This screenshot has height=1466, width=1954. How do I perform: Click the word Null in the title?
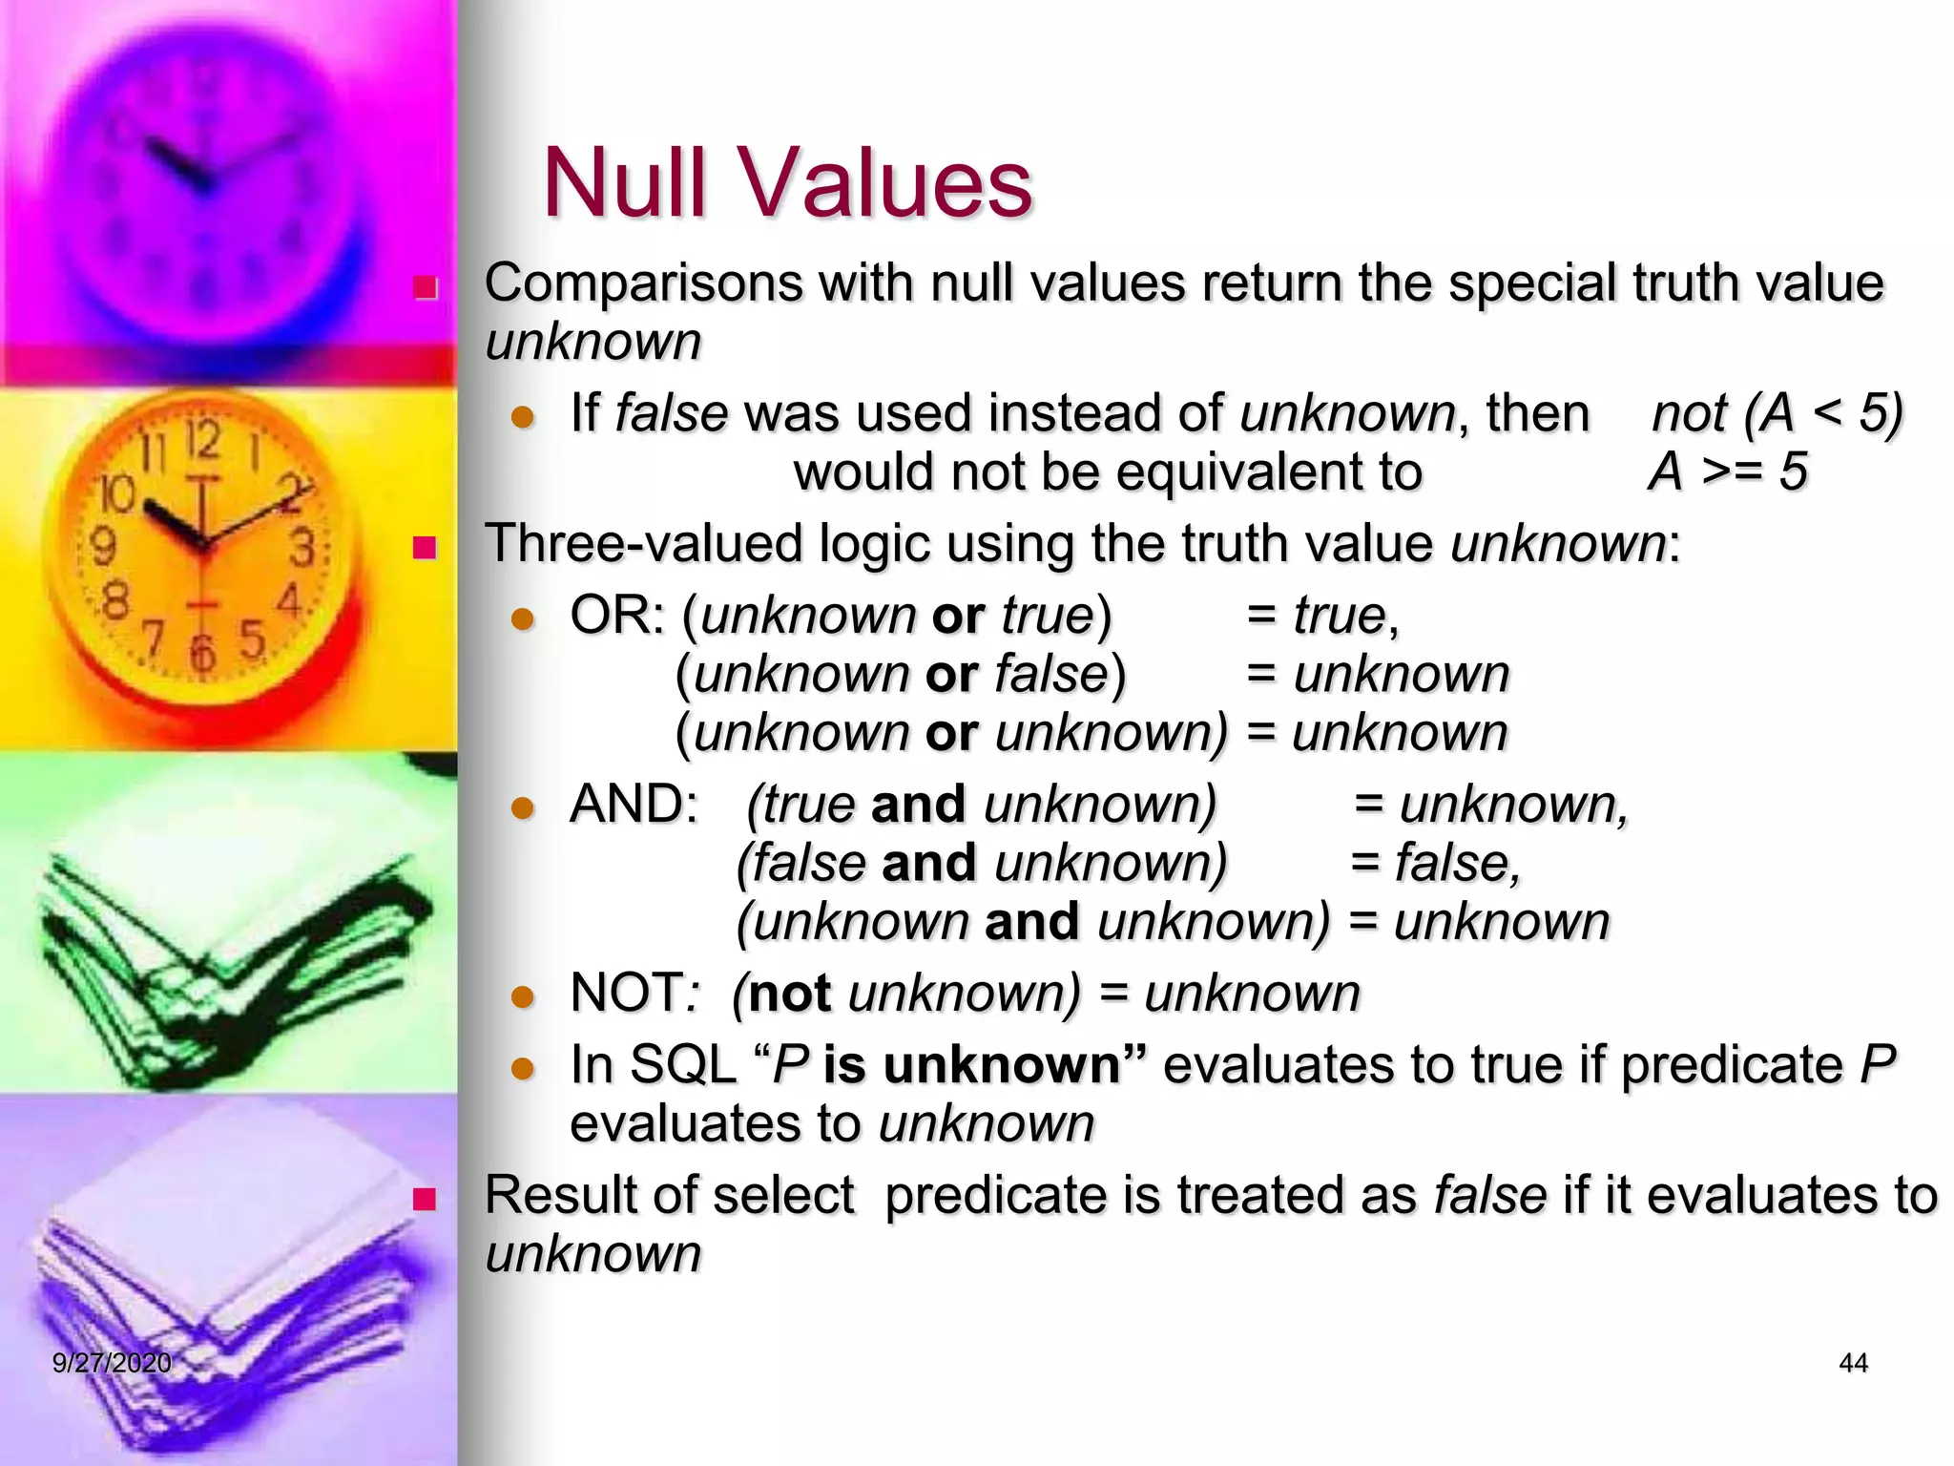[x=626, y=183]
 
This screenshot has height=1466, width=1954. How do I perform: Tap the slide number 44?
[x=1853, y=1363]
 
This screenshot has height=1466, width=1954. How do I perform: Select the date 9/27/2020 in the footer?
[x=112, y=1363]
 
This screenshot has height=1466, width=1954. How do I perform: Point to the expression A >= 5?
[x=1728, y=471]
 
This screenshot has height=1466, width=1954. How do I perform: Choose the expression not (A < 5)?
[x=1777, y=413]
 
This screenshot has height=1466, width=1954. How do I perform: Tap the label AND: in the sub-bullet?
[x=634, y=804]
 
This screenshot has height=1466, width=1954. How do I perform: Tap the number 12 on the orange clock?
[x=203, y=440]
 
